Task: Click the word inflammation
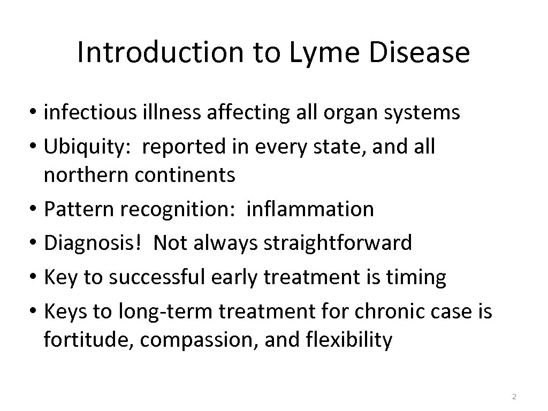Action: [x=310, y=209]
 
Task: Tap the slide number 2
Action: [x=514, y=397]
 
